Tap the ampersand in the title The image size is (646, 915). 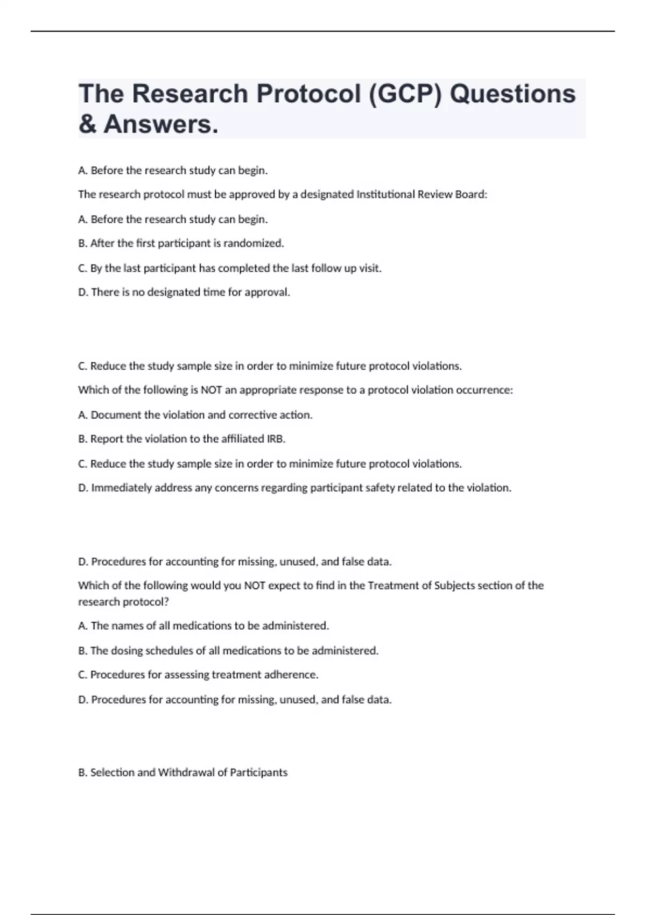(x=87, y=124)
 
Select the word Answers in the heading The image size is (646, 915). (x=161, y=124)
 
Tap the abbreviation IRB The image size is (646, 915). (x=276, y=439)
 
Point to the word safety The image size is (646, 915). (x=380, y=488)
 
